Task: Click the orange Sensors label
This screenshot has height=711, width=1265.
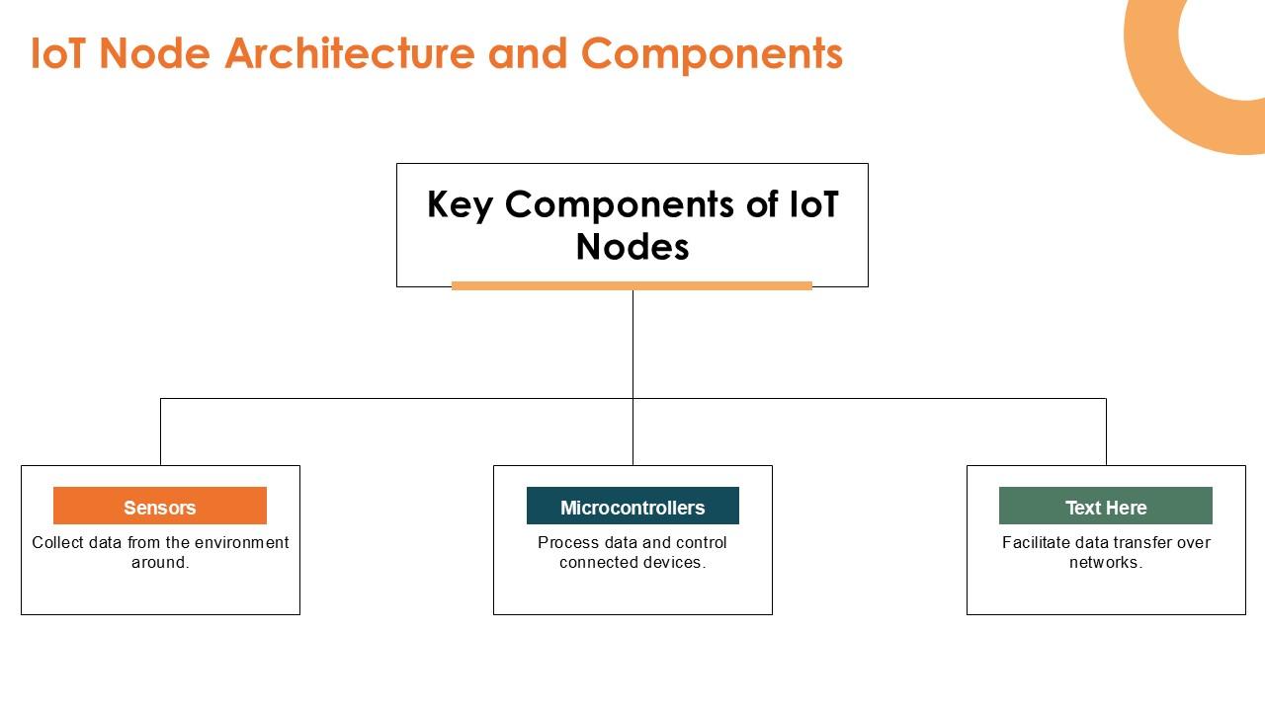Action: tap(160, 507)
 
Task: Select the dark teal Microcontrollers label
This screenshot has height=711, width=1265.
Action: tap(632, 507)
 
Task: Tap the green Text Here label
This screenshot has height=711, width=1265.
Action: tap(1105, 507)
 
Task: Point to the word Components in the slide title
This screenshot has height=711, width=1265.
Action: tap(712, 53)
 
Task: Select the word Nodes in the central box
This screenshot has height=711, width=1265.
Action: tap(632, 247)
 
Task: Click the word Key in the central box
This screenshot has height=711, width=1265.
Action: tap(460, 205)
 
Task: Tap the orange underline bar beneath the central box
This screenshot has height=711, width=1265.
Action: tap(632, 285)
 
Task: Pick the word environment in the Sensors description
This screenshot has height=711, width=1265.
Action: tap(242, 542)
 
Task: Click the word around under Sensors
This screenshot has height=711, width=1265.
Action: tap(158, 562)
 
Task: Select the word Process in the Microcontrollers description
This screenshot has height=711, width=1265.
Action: tap(567, 542)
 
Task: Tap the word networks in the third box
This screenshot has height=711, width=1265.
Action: tap(1104, 562)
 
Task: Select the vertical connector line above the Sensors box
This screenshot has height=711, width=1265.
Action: tap(160, 432)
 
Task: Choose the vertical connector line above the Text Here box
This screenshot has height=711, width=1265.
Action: tap(1106, 432)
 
